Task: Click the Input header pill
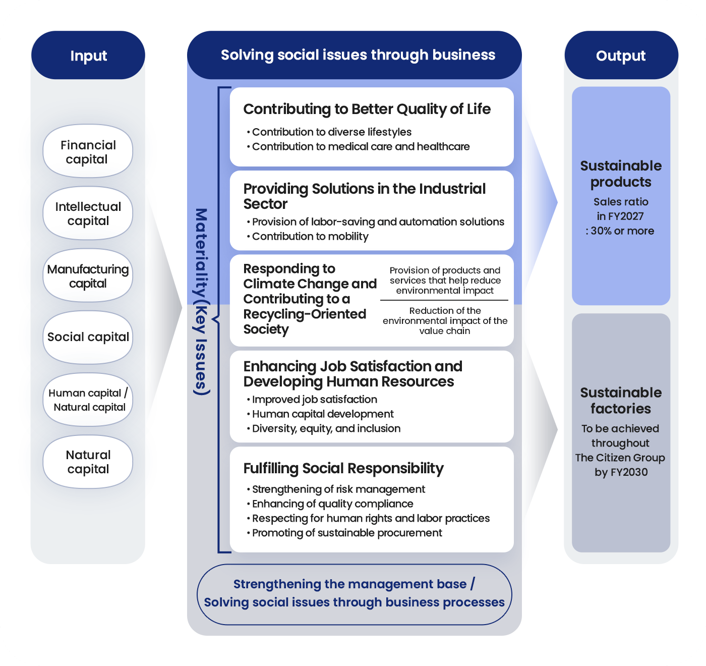point(88,55)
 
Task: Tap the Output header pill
point(621,55)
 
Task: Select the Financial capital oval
point(88,151)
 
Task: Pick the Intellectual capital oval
point(88,213)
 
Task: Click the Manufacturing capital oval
point(88,275)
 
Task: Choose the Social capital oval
point(88,337)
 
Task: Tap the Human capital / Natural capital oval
point(88,400)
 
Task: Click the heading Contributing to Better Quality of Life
point(367,109)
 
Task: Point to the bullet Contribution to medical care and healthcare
point(358,147)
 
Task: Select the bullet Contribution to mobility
point(308,236)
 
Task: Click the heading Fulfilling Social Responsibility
point(343,468)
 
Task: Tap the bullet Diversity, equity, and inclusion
point(323,428)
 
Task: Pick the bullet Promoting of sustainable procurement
point(344,533)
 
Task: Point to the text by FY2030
point(621,472)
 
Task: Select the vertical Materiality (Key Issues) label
point(201,302)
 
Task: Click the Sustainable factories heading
point(621,401)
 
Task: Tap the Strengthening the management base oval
point(354,594)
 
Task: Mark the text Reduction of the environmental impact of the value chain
point(445,320)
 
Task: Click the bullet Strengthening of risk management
point(335,489)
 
